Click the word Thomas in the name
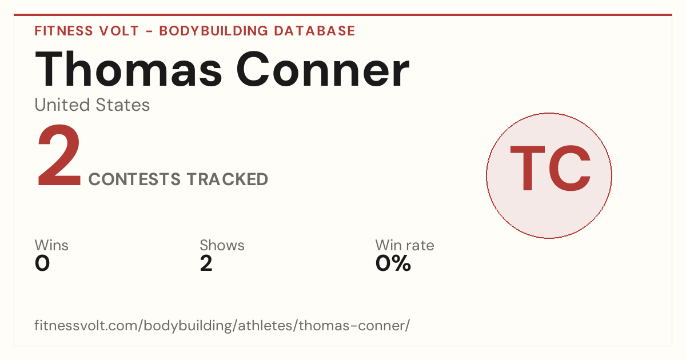(128, 69)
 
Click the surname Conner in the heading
(323, 69)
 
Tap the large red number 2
(59, 155)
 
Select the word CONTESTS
(134, 179)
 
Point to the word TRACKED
(228, 179)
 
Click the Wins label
(51, 245)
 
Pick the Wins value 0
(42, 263)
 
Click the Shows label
(222, 245)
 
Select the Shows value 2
(206, 263)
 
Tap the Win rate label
(405, 245)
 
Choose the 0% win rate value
(393, 263)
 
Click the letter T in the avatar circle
(527, 168)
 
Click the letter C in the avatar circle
(569, 168)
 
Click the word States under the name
(122, 105)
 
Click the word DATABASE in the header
(314, 31)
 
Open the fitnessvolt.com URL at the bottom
(222, 326)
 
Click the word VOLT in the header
(119, 31)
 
